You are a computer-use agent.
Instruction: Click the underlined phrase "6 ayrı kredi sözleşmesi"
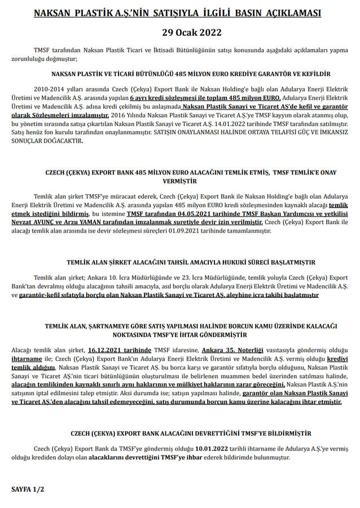(x=169, y=98)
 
